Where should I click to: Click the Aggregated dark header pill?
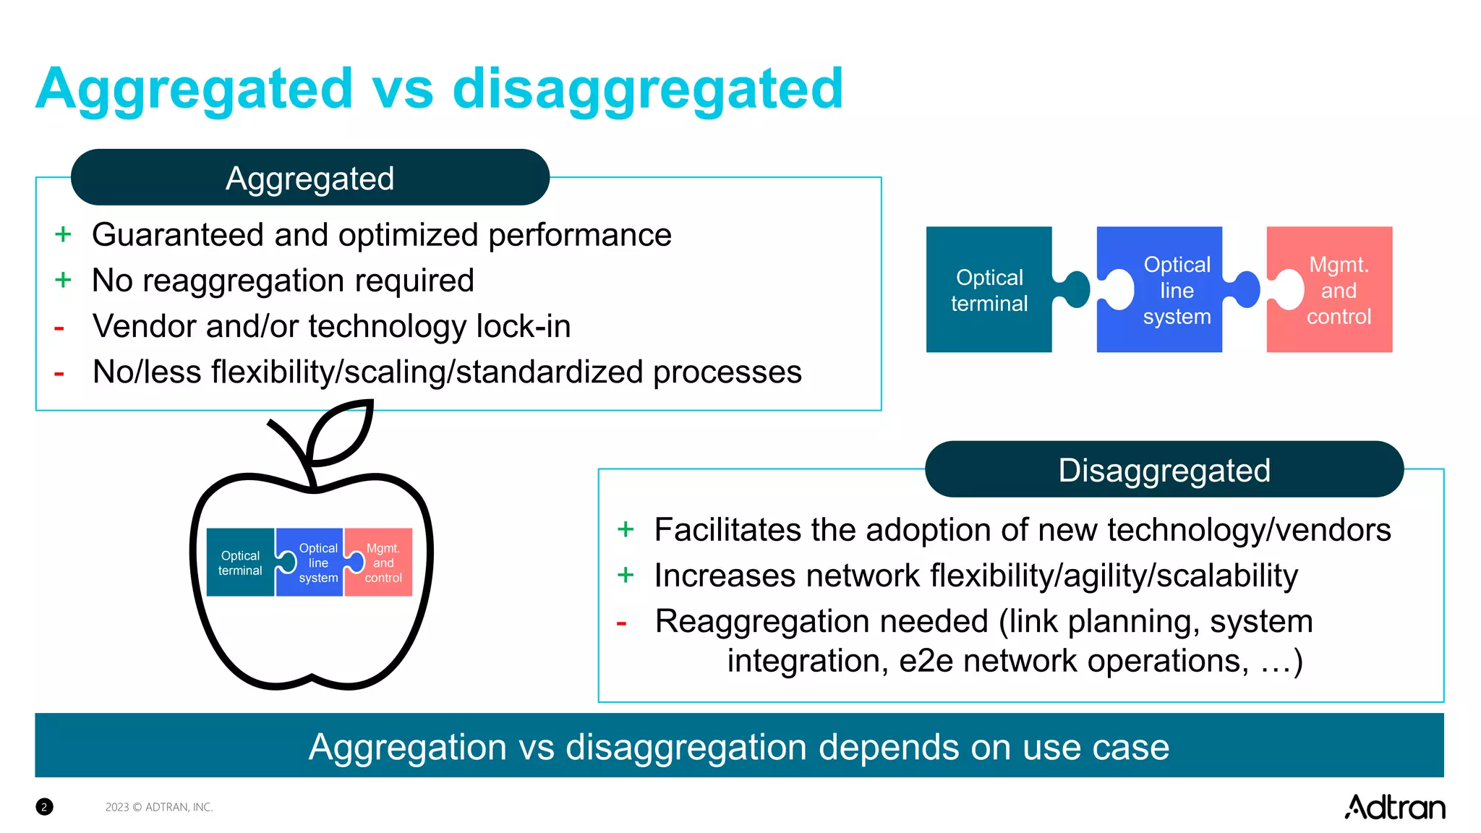[310, 178]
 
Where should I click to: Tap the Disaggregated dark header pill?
[1164, 470]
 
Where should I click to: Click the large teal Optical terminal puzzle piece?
[989, 290]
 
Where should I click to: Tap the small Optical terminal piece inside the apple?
[240, 563]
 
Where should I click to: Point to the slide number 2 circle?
[44, 807]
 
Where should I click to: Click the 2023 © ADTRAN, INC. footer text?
[159, 807]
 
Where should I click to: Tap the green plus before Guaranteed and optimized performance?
[63, 234]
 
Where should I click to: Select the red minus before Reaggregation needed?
[621, 623]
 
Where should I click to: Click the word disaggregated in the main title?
[647, 88]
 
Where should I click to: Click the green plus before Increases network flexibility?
[626, 576]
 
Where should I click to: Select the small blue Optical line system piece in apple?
[315, 563]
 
